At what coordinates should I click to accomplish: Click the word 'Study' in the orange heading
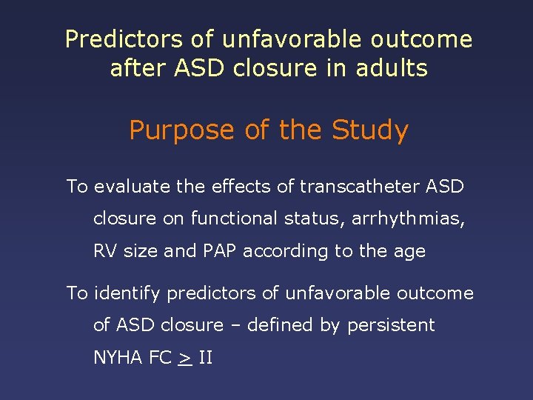click(370, 131)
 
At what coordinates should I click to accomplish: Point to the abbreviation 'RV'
click(105, 251)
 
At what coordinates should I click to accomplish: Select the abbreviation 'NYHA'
click(118, 358)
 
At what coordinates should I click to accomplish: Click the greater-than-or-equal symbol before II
click(184, 359)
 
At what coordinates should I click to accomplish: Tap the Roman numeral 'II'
click(206, 358)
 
